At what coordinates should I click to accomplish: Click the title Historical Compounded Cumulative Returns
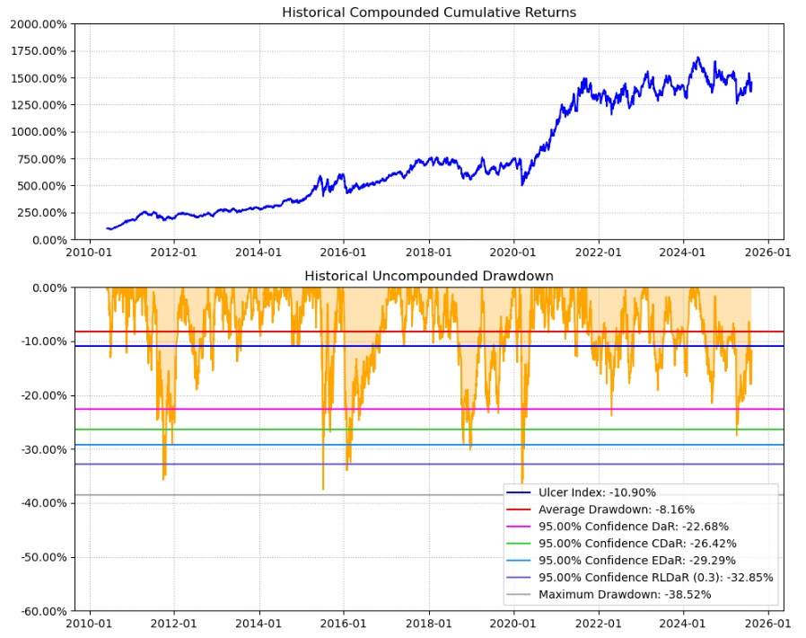coord(429,13)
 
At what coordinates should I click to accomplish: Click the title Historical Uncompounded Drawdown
coord(429,276)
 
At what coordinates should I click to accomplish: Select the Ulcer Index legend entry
coord(597,492)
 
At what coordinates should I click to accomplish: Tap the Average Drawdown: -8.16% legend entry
coord(616,510)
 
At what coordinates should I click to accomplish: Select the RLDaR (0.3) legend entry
coord(655,578)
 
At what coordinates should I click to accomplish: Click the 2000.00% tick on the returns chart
coord(38,24)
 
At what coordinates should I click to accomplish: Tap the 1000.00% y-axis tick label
coord(38,132)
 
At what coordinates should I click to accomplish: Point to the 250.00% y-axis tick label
coord(40,213)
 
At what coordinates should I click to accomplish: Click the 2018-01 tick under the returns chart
coord(429,253)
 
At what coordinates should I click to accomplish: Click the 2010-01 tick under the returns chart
coord(89,253)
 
